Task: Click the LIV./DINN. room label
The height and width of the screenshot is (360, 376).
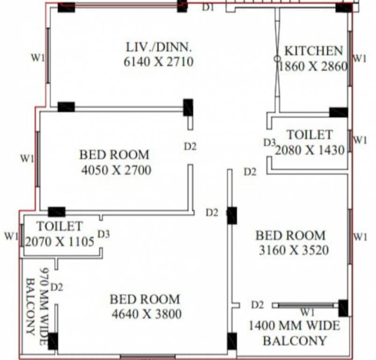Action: click(x=159, y=47)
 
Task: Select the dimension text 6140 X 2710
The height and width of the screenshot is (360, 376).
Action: click(x=159, y=62)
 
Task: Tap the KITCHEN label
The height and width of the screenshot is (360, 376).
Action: click(x=314, y=51)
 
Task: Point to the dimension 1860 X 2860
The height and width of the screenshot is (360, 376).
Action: click(x=313, y=66)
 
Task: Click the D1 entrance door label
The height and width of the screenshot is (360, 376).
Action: click(x=207, y=7)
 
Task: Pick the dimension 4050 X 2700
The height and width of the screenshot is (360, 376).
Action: click(x=116, y=170)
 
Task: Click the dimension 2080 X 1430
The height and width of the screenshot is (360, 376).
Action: click(x=310, y=150)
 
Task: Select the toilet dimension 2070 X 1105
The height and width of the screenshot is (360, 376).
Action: click(x=60, y=241)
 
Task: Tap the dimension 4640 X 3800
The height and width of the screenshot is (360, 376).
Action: click(x=147, y=314)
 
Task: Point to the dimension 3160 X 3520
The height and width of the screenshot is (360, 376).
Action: click(x=294, y=250)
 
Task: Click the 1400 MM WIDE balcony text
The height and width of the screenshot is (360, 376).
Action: click(x=295, y=326)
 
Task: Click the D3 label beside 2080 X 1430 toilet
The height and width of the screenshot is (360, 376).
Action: click(x=270, y=142)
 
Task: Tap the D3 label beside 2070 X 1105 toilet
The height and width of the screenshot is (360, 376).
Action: click(x=104, y=234)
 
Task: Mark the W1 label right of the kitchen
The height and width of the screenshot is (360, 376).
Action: click(x=360, y=58)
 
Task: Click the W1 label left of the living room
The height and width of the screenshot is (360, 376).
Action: click(x=38, y=58)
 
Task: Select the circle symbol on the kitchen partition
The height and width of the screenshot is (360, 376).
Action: click(x=277, y=58)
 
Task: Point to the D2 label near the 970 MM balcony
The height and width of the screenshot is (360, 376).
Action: click(x=57, y=287)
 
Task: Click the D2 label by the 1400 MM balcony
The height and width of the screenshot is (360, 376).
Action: click(x=258, y=305)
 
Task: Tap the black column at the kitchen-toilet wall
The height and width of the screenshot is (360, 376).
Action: click(x=339, y=112)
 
